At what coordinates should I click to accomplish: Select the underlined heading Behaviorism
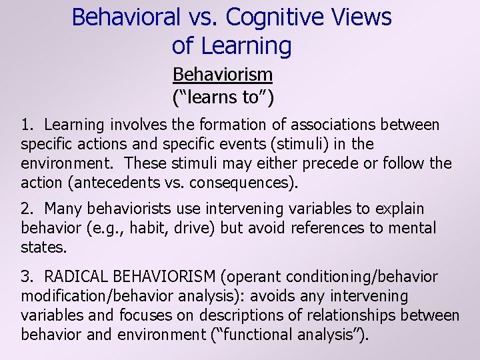pos(222,74)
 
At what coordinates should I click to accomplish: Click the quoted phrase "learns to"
pos(223,97)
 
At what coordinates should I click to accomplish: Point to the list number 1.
pos(26,125)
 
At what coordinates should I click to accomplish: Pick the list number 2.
pos(26,209)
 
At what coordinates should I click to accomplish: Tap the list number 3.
pos(26,277)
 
